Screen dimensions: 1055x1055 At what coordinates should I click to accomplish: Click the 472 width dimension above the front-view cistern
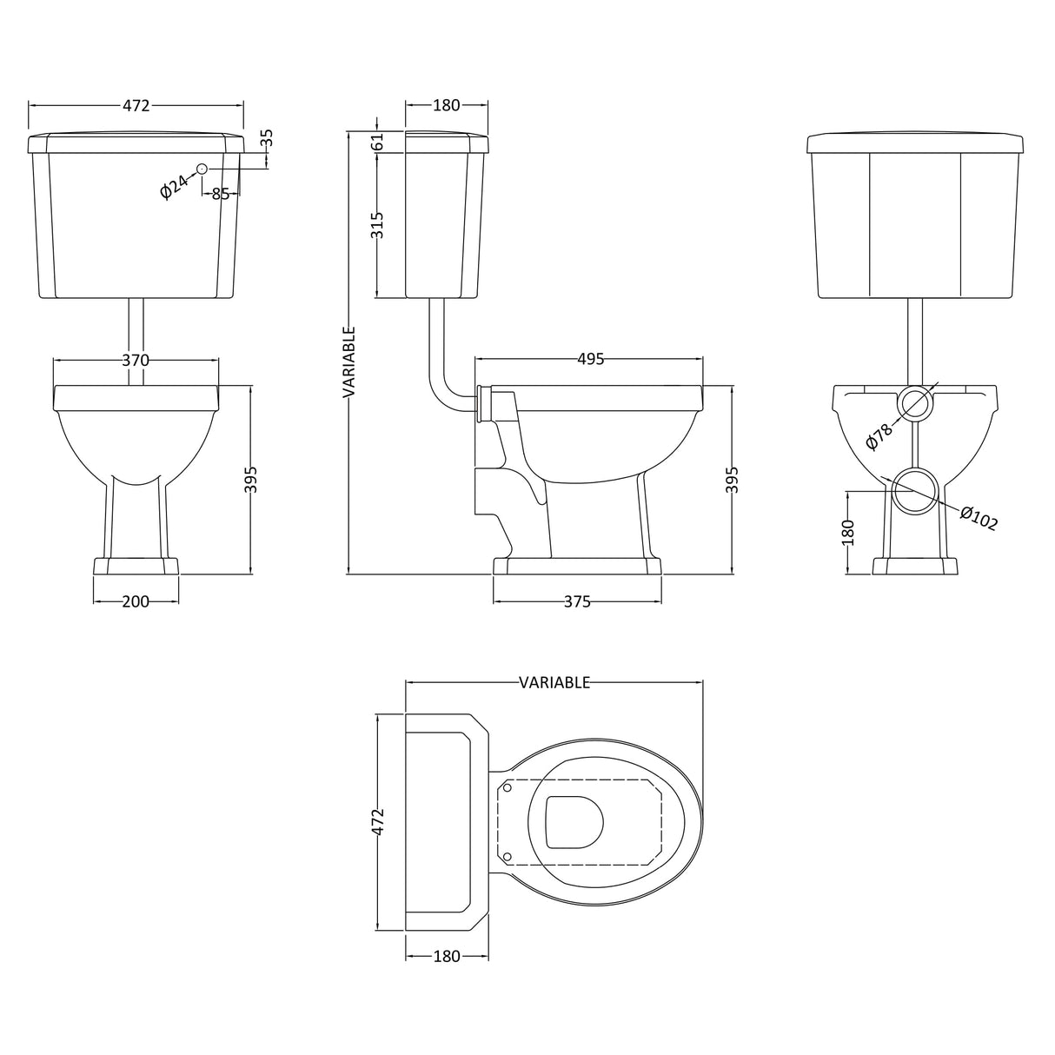click(x=136, y=105)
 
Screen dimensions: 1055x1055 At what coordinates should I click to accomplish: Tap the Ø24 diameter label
click(x=175, y=186)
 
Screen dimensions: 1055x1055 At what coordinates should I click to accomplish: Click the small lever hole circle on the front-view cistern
click(x=202, y=169)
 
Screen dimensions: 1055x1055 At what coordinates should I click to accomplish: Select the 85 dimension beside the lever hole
click(x=221, y=194)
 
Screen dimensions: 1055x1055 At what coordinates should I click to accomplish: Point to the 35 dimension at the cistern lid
click(x=267, y=137)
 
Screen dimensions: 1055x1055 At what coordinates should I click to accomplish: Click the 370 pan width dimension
click(x=136, y=360)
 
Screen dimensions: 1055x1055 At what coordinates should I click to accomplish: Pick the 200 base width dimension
click(x=136, y=601)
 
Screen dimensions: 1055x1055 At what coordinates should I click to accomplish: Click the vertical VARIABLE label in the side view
click(x=348, y=362)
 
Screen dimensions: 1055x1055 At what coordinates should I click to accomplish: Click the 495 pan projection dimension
click(x=589, y=360)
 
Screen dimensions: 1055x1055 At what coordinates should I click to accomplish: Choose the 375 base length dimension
click(x=576, y=601)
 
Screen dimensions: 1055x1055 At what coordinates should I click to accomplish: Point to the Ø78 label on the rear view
click(x=879, y=435)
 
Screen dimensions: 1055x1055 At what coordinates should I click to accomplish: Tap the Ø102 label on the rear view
click(x=979, y=517)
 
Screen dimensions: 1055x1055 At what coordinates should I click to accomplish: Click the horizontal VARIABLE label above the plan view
click(x=554, y=682)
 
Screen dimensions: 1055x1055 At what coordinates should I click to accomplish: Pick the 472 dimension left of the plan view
click(x=377, y=822)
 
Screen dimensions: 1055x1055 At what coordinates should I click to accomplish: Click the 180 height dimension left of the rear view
click(x=848, y=532)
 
